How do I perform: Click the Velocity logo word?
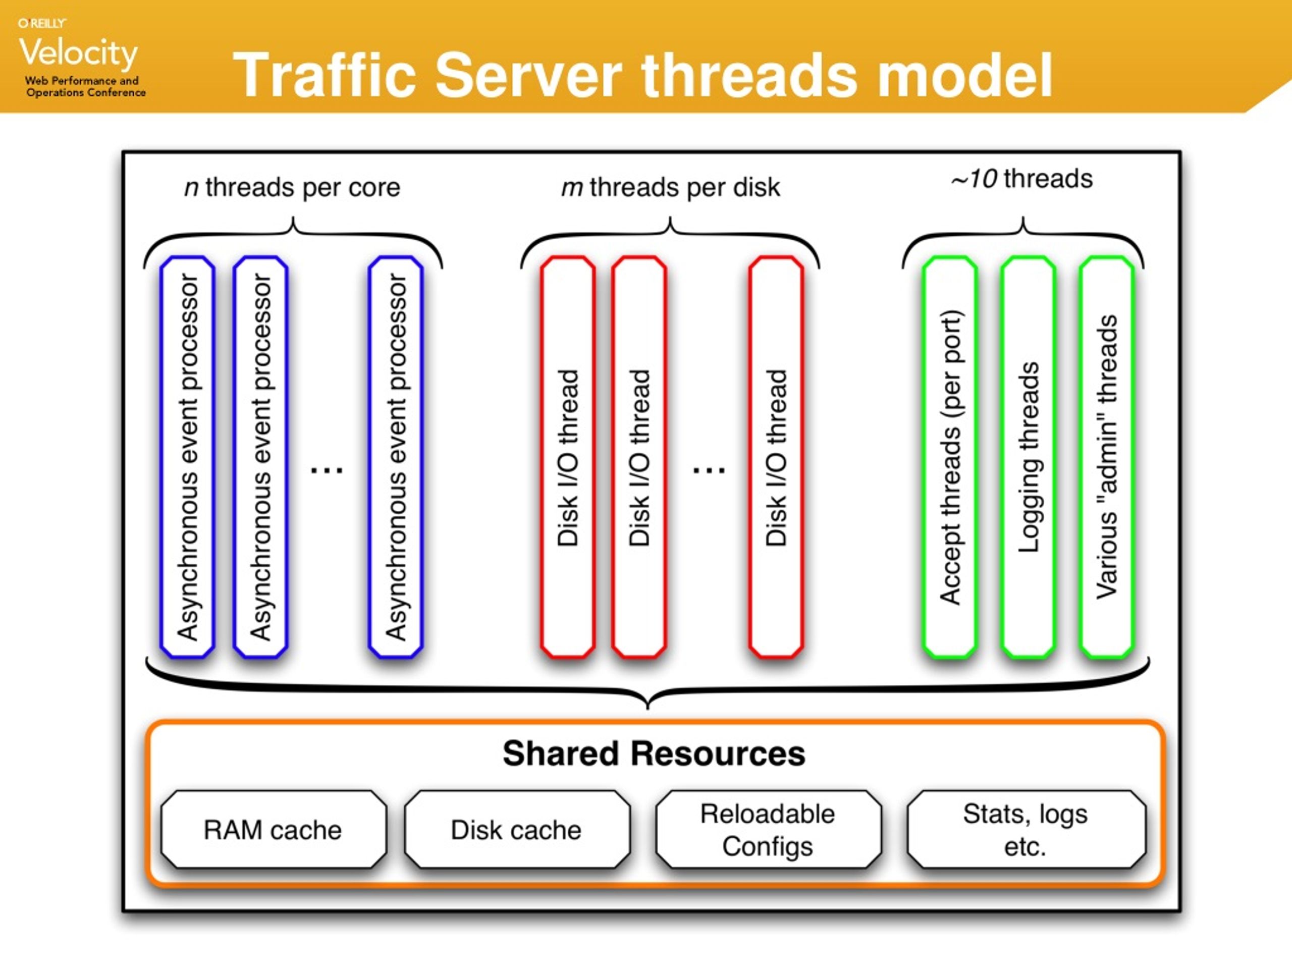tap(78, 52)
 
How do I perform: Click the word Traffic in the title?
tap(324, 75)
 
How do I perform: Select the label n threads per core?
tap(292, 188)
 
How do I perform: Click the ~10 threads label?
tap(1021, 179)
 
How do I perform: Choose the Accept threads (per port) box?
tap(950, 457)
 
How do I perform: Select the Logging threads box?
tap(1028, 457)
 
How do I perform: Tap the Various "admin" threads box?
tap(1107, 457)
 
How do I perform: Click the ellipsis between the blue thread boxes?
tap(327, 469)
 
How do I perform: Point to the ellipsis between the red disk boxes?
tap(709, 469)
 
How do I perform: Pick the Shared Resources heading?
tap(654, 753)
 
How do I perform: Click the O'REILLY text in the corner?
tap(42, 23)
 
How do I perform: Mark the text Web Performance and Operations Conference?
tap(85, 86)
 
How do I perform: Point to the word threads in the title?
tap(750, 75)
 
